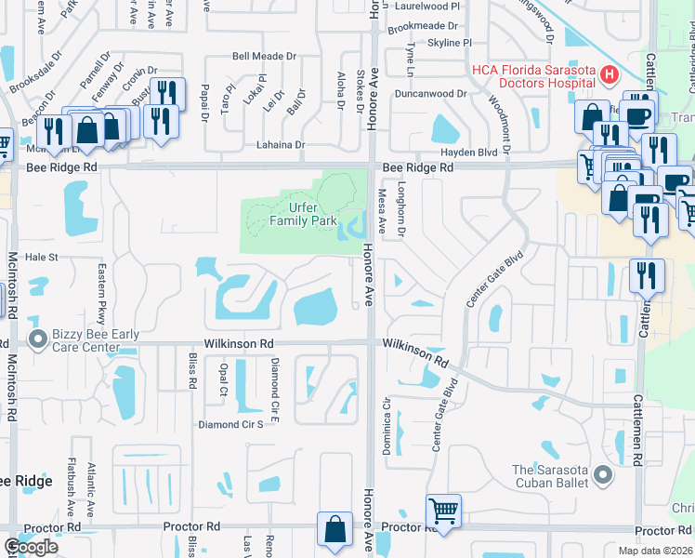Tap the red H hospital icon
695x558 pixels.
coord(610,74)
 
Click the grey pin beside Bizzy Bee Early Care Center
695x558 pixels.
coord(38,339)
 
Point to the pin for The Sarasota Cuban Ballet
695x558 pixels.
coord(603,476)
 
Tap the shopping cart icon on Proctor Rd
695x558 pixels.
coord(444,511)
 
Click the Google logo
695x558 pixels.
coord(31,547)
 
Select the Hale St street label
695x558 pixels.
coord(41,257)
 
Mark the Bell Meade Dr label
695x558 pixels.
coord(264,57)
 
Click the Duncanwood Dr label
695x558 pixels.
coord(429,94)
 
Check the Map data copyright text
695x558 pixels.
coord(655,551)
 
